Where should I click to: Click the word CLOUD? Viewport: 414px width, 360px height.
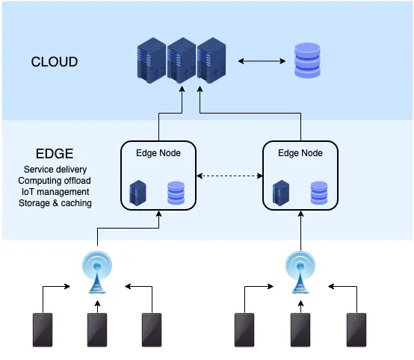[x=54, y=61]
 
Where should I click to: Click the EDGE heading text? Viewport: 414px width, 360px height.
[x=49, y=155]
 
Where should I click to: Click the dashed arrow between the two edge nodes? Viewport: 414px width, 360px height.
[x=230, y=177]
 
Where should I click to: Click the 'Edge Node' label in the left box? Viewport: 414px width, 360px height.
[x=158, y=152]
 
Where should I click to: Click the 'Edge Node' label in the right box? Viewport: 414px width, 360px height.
[x=300, y=152]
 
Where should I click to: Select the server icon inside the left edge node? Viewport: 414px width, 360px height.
[x=138, y=192]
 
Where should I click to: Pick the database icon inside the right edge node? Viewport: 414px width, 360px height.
[x=318, y=192]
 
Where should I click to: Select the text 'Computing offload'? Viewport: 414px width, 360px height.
[x=55, y=181]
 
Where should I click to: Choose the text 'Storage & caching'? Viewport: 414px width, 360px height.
[x=55, y=203]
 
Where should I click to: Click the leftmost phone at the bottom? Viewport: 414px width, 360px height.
[x=42, y=329]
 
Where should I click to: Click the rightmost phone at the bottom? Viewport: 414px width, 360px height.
[x=356, y=329]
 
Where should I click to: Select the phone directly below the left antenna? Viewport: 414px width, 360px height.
[x=97, y=329]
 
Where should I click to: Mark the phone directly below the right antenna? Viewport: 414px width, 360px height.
[x=299, y=329]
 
